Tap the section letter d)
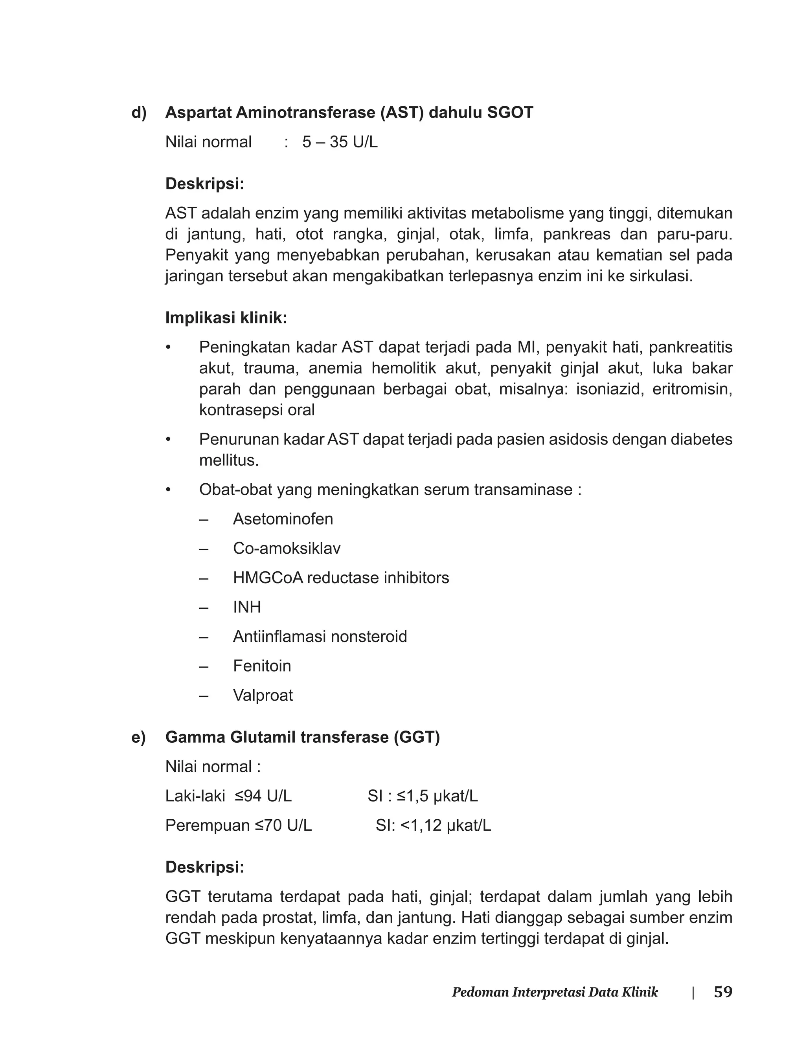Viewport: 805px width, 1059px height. [x=139, y=112]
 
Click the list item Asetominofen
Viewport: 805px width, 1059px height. [x=283, y=519]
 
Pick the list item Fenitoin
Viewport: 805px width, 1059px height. [x=262, y=666]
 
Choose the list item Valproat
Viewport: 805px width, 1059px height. [x=263, y=696]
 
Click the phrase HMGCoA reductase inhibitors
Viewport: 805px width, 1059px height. [x=341, y=578]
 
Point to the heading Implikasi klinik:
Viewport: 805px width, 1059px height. [x=226, y=318]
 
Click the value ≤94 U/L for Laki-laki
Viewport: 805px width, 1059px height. [x=263, y=796]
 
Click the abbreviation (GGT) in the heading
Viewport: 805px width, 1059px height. [x=416, y=737]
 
